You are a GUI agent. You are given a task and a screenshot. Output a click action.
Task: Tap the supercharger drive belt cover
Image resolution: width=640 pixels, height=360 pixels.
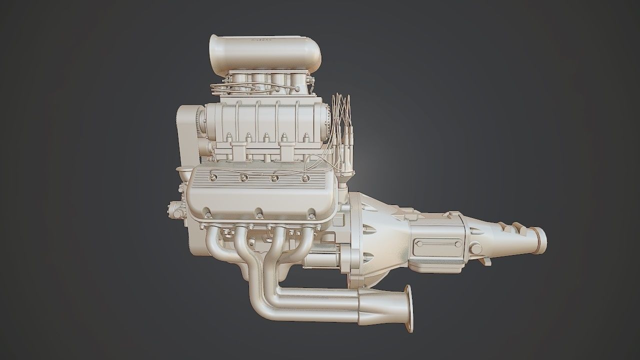(187, 130)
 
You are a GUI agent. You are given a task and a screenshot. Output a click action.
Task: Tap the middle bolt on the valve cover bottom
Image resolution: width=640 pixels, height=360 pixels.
(259, 214)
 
